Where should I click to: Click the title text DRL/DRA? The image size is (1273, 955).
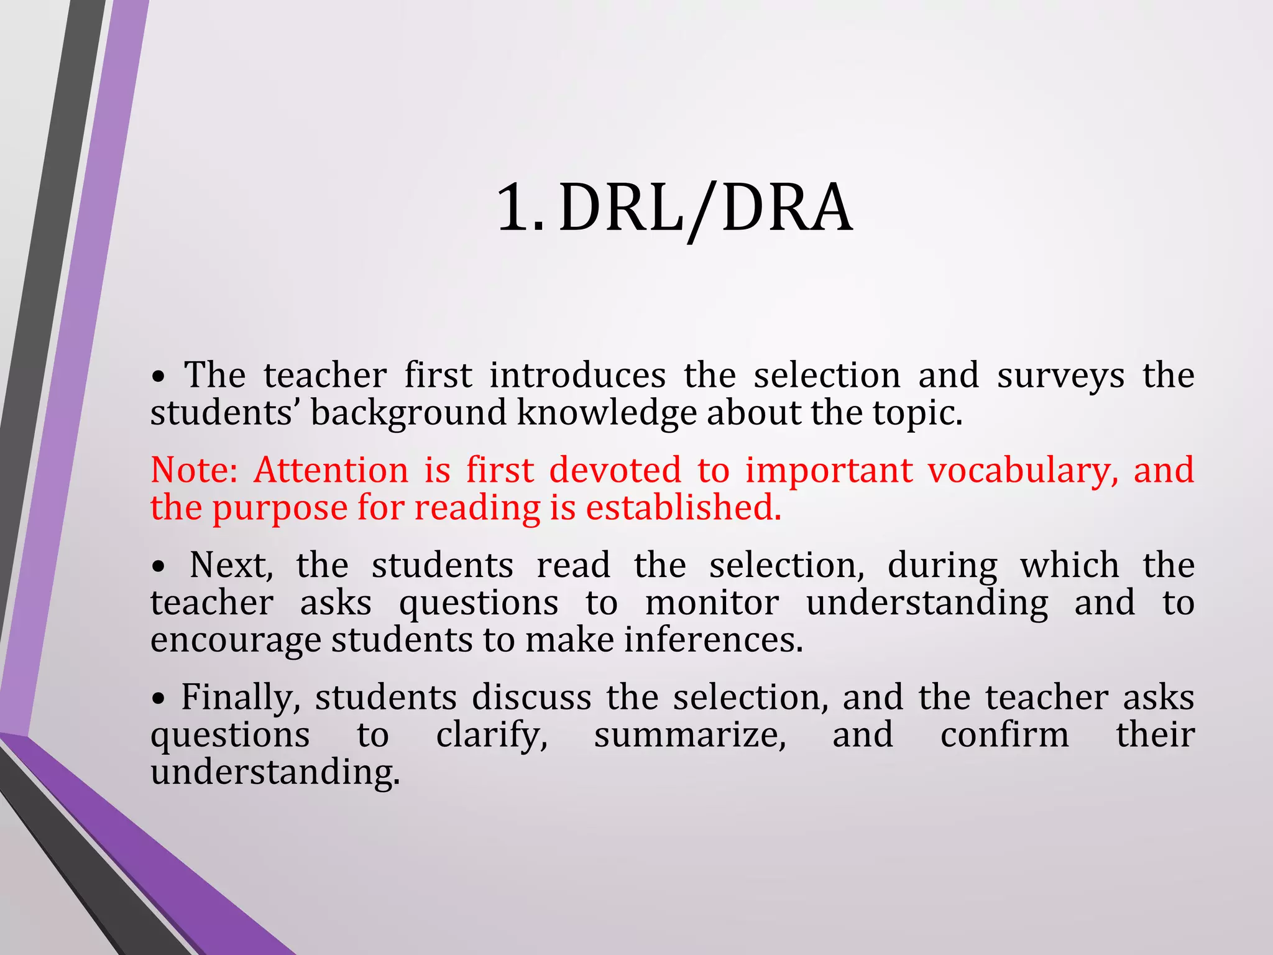[705, 209]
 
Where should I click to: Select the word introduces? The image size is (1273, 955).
[577, 376]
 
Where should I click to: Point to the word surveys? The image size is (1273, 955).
[1060, 376]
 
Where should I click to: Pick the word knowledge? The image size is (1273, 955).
[607, 413]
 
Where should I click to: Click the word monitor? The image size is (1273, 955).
[712, 603]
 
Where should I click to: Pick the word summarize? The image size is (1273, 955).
[690, 736]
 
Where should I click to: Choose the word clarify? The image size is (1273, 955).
[492, 736]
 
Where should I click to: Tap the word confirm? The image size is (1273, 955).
[1004, 735]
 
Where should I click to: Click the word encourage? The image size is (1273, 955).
[236, 642]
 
